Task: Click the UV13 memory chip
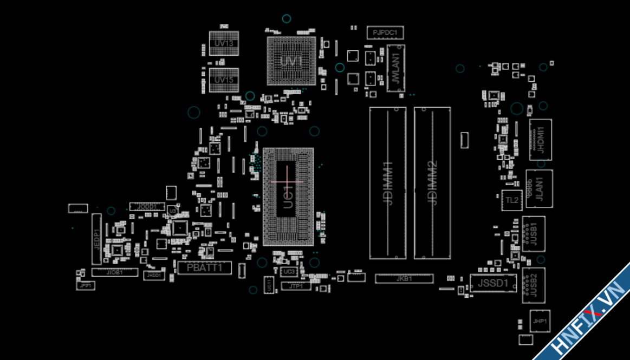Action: [x=224, y=43]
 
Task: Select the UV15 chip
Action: [x=224, y=80]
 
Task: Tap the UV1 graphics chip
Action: [x=291, y=61]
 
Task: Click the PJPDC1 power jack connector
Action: [x=385, y=33]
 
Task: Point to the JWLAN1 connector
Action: [x=396, y=68]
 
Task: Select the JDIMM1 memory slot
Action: [x=388, y=182]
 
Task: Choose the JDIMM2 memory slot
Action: [x=432, y=182]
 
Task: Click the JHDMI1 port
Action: [x=540, y=139]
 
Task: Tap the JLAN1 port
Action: [x=539, y=188]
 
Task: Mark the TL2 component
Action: [x=512, y=200]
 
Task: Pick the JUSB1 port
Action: [x=534, y=233]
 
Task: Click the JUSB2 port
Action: [x=534, y=285]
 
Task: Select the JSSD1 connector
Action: [x=493, y=283]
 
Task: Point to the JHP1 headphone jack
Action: [x=540, y=321]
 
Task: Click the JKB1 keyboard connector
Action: [x=404, y=279]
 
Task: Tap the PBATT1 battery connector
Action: [x=205, y=267]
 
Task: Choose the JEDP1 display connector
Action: [x=96, y=239]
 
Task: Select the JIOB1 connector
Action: [x=114, y=273]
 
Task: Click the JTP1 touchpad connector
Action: [x=296, y=286]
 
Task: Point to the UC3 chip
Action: [x=289, y=271]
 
